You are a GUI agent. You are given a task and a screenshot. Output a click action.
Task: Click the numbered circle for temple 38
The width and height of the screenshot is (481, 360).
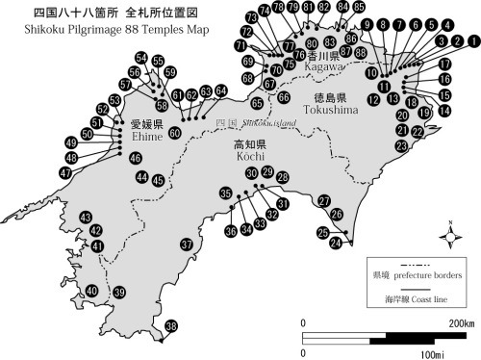[x=171, y=328]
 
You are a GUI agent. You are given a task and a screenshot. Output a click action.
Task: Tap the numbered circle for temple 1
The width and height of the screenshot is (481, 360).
[x=472, y=41]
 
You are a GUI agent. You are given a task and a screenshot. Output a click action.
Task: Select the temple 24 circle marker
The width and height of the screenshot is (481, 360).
[x=336, y=244]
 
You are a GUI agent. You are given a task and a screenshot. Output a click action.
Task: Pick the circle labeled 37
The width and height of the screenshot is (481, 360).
[x=188, y=244]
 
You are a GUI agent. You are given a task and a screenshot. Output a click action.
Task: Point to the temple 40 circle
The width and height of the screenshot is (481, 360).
[x=92, y=291]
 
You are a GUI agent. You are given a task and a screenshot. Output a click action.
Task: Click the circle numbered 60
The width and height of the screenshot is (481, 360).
[x=174, y=133]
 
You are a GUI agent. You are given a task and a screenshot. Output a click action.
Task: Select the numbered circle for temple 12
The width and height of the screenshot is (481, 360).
[x=373, y=99]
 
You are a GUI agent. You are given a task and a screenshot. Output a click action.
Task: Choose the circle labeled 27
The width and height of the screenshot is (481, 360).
[x=324, y=200]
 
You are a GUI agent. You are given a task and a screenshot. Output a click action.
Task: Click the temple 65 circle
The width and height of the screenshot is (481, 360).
[x=257, y=103]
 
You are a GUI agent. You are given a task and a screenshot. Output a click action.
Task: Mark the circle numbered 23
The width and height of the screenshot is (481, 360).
[x=400, y=146]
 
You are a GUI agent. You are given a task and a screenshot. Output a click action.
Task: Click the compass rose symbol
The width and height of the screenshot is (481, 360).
[x=449, y=232]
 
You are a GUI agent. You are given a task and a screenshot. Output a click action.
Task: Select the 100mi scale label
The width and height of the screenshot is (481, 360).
[x=424, y=355]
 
